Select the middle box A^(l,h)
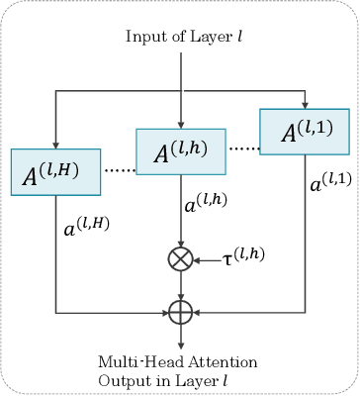pos(180,150)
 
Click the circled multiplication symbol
pos(180,259)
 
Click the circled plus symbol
pos(180,313)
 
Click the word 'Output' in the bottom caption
pos(121,379)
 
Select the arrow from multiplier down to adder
pos(180,286)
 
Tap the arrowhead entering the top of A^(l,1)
pos(304,104)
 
